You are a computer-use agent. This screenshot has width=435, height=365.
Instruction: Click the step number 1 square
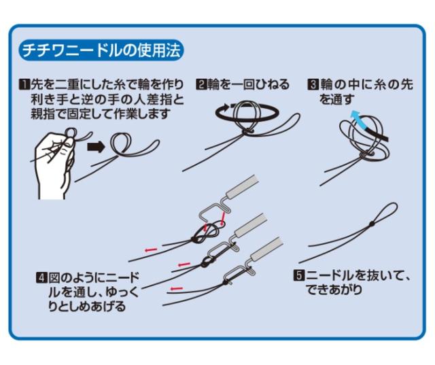[24, 85]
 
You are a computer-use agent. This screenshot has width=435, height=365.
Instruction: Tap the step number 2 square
[201, 85]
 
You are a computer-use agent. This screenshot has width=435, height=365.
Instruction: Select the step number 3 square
[312, 85]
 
